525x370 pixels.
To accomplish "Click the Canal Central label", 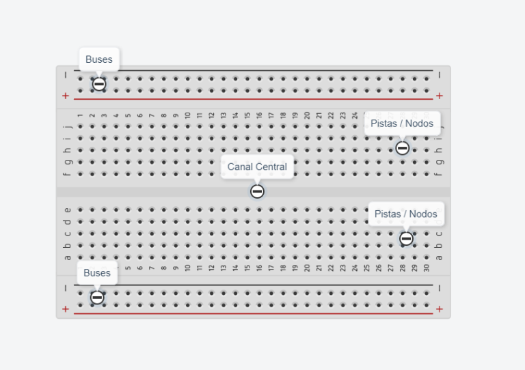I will coord(257,167).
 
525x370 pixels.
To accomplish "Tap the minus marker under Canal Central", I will coord(257,192).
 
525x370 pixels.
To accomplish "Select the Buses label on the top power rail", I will coord(99,59).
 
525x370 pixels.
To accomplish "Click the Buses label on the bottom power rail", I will coord(97,273).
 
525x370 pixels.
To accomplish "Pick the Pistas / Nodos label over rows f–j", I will coord(403,124).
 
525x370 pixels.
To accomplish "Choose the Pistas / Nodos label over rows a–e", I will coord(406,214).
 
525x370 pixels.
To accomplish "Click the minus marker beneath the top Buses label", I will coord(99,84).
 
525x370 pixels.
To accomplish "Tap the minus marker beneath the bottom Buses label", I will coord(97,298).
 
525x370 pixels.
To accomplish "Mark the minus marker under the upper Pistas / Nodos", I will coord(403,147).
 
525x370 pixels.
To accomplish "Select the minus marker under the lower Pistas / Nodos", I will coord(406,238).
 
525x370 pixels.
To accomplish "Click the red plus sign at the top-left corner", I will coord(66,96).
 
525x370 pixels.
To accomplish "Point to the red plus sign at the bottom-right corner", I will coord(439,309).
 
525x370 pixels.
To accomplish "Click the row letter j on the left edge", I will coord(67,126).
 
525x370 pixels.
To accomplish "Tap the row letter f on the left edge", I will coord(67,173).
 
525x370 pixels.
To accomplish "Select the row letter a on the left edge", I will coord(67,257).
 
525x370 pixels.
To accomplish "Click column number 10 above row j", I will coord(187,115).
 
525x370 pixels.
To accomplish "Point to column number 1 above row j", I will coord(80,115).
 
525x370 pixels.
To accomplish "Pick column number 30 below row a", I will coord(426,268).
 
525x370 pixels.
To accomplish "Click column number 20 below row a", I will coord(307,268).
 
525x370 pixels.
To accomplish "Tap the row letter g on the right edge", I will coord(439,162).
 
